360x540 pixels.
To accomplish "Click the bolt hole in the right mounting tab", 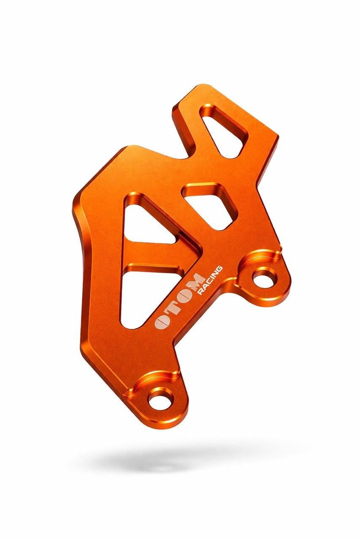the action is tap(263, 279).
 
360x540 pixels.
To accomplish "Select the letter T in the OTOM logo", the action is tap(172, 305).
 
